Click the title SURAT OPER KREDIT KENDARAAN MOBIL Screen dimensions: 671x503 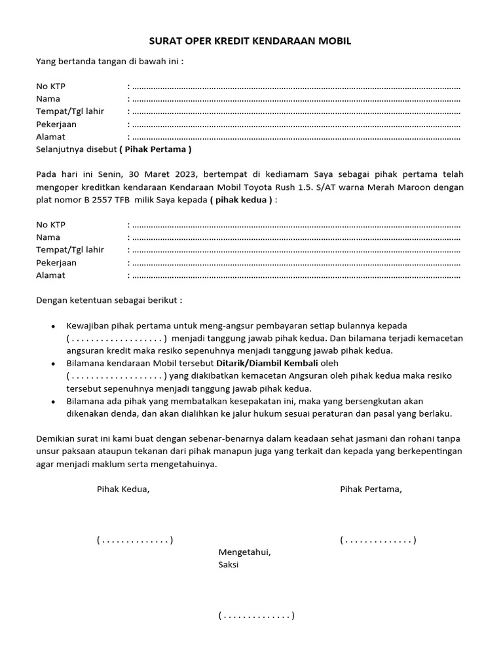pos(251,41)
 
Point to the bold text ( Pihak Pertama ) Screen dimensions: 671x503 pos(155,149)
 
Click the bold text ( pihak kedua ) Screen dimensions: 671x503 pos(240,200)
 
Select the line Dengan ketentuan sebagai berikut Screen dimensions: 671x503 pos(109,300)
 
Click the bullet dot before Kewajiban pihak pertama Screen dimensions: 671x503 pos(53,326)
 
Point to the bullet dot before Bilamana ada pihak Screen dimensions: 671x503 pos(53,401)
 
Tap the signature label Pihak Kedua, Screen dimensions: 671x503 pos(123,489)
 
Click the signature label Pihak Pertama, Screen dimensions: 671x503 pos(371,489)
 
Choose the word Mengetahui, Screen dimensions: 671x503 pos(244,552)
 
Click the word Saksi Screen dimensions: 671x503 pos(229,564)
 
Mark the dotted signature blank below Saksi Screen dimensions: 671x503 pos(256,615)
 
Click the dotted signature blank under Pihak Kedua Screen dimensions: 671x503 pos(135,540)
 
